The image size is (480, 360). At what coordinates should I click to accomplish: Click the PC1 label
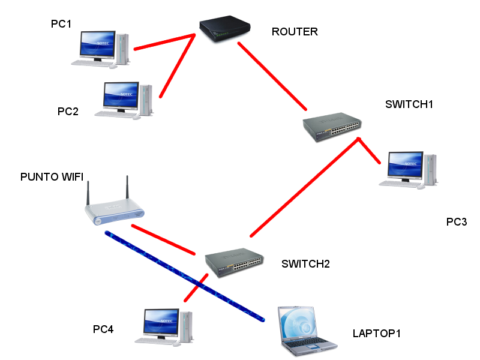61,24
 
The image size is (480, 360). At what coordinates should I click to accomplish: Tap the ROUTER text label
295,32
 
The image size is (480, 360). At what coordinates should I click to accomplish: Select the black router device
225,28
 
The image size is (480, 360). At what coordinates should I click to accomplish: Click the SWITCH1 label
409,104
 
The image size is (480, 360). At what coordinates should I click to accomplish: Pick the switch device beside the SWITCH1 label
332,126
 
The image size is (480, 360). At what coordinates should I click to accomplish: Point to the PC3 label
457,221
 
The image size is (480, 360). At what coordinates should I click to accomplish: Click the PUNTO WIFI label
52,176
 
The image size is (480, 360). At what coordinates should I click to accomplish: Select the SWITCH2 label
305,264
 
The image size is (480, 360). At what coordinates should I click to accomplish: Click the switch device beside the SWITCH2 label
234,262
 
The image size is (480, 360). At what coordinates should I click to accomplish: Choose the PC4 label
103,329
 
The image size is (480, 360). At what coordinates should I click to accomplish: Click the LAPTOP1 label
377,334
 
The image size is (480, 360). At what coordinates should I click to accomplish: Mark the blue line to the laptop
185,277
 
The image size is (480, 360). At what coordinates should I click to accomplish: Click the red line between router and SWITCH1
272,76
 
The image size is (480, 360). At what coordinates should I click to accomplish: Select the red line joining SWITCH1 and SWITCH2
305,187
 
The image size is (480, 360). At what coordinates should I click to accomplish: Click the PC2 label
68,112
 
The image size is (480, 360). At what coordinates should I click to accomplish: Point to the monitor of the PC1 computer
98,45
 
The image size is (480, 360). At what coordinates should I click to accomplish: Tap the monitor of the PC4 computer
161,323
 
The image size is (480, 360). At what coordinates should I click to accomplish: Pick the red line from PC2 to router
177,66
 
